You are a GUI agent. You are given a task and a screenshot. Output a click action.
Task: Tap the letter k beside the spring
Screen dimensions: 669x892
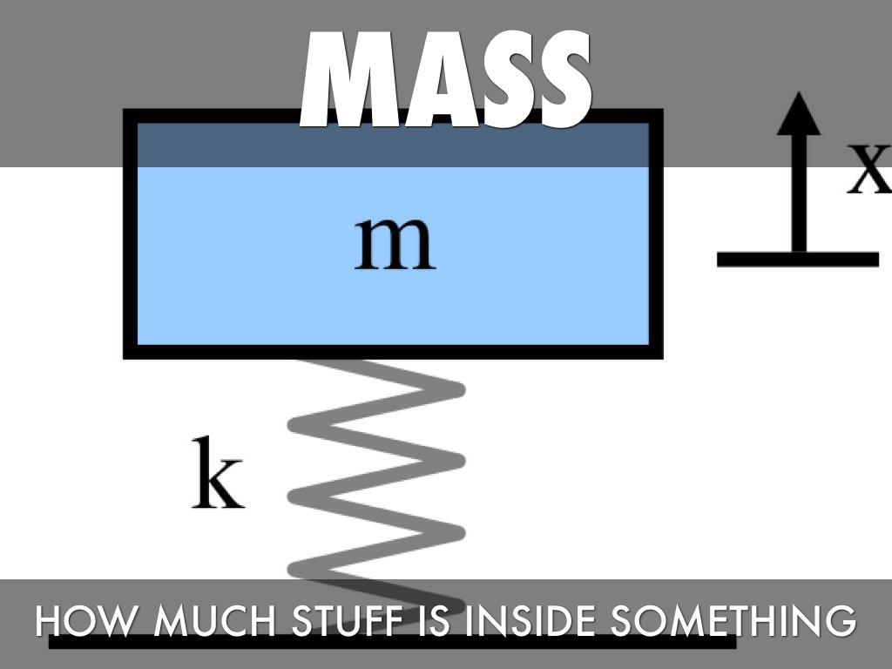217,475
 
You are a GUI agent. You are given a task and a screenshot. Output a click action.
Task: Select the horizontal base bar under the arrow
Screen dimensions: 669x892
797,259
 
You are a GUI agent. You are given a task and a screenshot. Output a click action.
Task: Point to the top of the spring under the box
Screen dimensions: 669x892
348,366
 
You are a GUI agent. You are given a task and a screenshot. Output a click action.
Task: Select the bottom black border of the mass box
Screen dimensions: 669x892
392,352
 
